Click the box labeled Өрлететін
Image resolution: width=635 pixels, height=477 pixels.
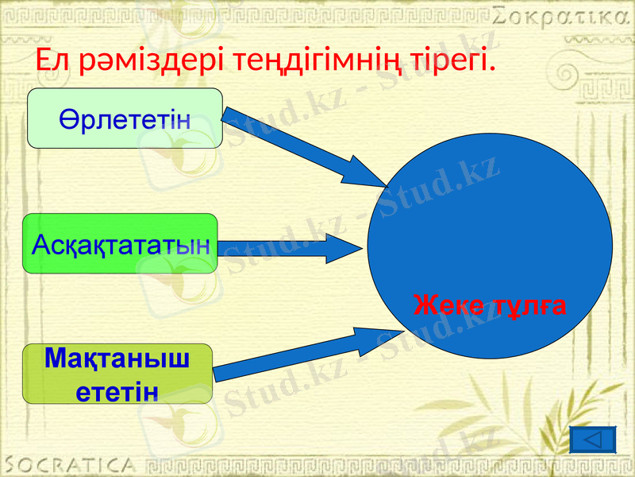click(x=125, y=119)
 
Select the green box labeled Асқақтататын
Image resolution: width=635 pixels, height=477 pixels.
click(x=120, y=243)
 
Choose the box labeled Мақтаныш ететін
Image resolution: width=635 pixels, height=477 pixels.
click(x=117, y=374)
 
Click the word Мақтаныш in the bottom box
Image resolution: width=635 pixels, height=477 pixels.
click(x=117, y=359)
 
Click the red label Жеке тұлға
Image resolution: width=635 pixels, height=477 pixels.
click(x=490, y=304)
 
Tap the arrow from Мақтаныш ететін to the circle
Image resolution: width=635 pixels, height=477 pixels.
click(x=310, y=354)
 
